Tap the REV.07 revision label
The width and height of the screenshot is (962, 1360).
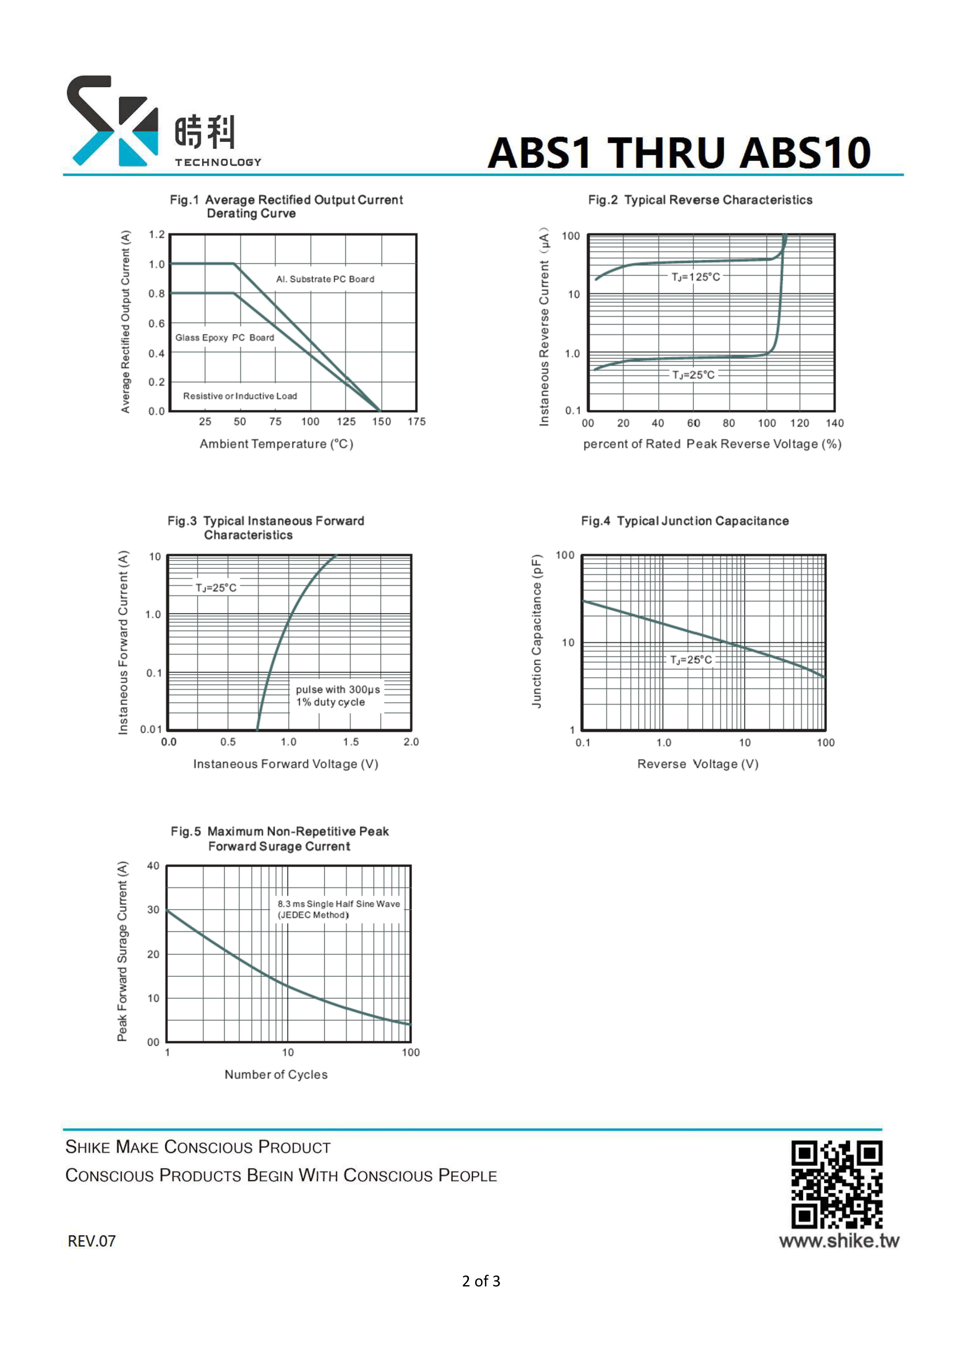tap(92, 1241)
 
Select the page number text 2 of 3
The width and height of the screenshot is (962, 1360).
tap(481, 1281)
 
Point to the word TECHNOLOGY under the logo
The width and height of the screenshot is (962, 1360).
tap(218, 162)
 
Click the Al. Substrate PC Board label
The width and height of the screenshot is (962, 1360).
tap(325, 279)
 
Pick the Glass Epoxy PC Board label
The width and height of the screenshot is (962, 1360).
tap(225, 338)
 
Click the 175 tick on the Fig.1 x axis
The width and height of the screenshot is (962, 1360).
tap(417, 422)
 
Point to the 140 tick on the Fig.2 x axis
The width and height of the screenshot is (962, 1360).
tap(835, 423)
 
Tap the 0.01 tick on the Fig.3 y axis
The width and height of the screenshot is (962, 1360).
tap(151, 729)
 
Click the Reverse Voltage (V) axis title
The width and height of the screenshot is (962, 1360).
tap(698, 764)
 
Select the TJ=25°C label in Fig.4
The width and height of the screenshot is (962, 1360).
tap(691, 660)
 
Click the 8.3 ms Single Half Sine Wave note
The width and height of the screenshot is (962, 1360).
tap(339, 904)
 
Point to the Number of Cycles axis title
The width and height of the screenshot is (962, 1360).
tap(276, 1075)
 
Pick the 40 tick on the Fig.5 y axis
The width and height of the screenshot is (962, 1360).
tap(154, 866)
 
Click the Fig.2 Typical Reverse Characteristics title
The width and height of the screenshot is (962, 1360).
tap(700, 200)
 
